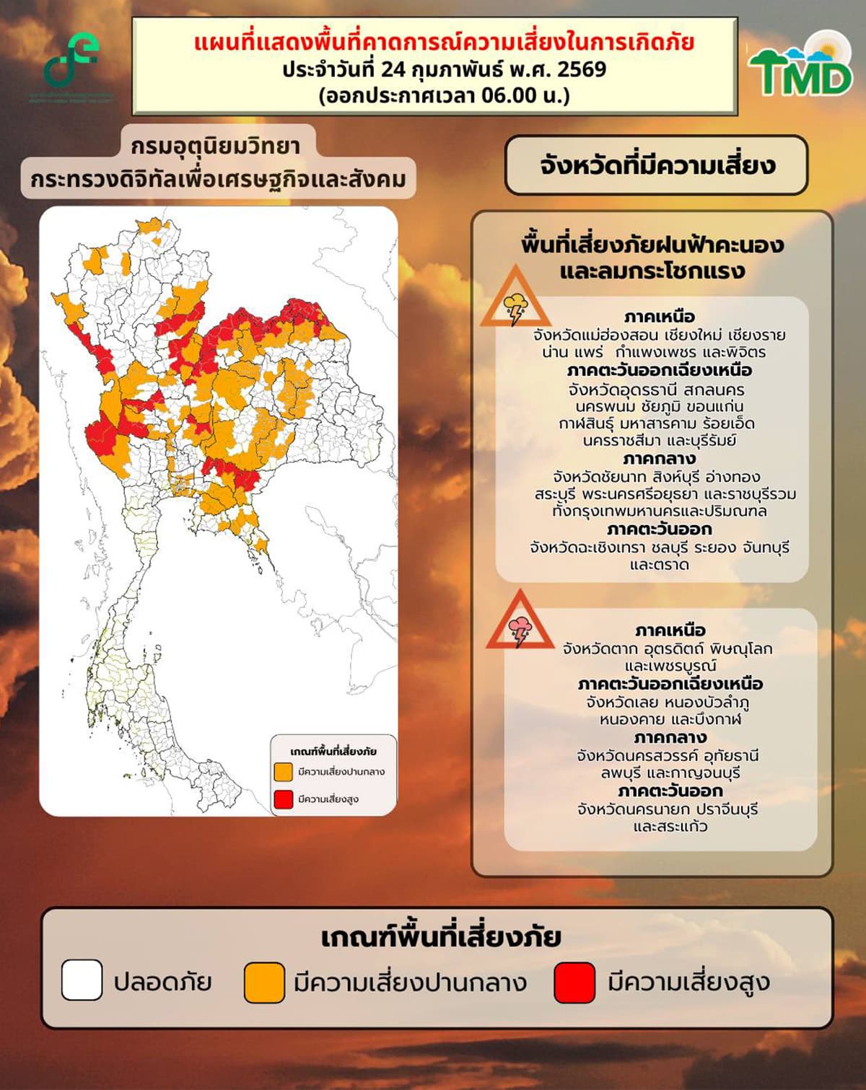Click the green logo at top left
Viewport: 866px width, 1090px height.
(71, 61)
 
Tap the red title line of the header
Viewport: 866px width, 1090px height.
(444, 42)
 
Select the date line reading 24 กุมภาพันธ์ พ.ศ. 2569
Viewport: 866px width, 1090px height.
(444, 69)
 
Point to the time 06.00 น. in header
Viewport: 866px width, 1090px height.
(520, 95)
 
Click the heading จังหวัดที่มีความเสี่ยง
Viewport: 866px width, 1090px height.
(656, 165)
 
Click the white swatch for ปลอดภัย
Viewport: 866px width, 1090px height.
(82, 980)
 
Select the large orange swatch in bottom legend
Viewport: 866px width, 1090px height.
(264, 983)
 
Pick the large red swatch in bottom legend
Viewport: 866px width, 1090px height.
(574, 983)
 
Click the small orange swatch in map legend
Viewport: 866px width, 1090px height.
(284, 771)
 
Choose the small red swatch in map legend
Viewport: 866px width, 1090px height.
(284, 799)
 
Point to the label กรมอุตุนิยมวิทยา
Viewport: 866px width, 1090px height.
(215, 146)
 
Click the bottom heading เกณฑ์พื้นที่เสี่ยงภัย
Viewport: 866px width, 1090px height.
(441, 937)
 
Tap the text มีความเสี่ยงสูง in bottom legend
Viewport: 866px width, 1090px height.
(688, 983)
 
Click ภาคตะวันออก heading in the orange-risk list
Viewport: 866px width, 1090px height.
(658, 529)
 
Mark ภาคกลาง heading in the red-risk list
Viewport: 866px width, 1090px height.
(669, 738)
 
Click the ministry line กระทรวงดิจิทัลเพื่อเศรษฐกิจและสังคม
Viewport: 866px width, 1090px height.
(219, 180)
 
